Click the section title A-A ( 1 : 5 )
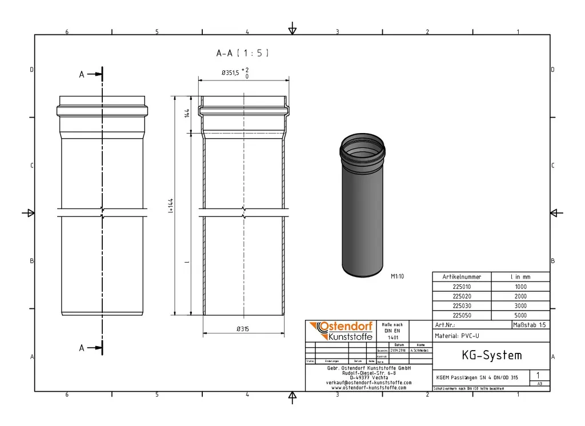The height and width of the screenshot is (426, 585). pyautogui.click(x=242, y=53)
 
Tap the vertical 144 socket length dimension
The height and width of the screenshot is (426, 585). pyautogui.click(x=187, y=114)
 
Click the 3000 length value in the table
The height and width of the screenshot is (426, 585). pyautogui.click(x=520, y=306)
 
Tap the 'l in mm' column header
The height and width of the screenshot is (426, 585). pyautogui.click(x=520, y=276)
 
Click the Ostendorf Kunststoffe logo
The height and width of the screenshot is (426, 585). pyautogui.click(x=341, y=331)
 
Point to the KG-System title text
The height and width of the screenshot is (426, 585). pyautogui.click(x=491, y=356)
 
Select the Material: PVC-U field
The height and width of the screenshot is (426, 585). pyautogui.click(x=457, y=336)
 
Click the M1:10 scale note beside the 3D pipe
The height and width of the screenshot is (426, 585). pyautogui.click(x=398, y=276)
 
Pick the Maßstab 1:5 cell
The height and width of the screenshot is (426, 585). pyautogui.click(x=531, y=325)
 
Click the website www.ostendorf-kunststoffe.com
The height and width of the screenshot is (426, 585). pyautogui.click(x=368, y=388)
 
